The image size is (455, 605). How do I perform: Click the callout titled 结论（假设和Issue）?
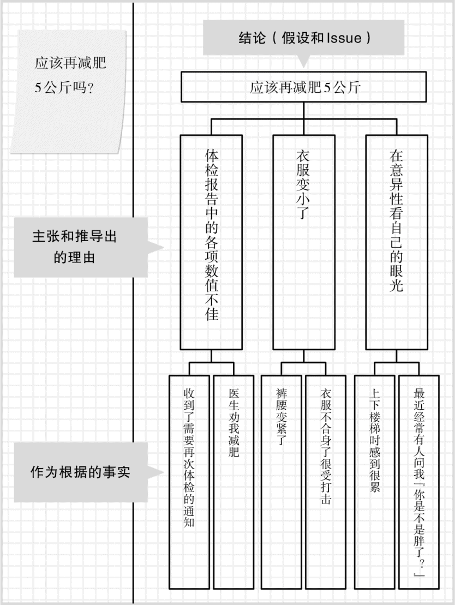coord(303,38)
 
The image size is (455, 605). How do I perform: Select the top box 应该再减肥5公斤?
coord(304,87)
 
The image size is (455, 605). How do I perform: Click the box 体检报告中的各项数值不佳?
coord(211,242)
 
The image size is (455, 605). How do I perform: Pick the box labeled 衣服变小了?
coord(304,242)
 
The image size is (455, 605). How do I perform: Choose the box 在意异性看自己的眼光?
coord(397,242)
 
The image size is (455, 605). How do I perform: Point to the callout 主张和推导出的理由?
coord(81,247)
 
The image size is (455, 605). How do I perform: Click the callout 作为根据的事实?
coord(81,472)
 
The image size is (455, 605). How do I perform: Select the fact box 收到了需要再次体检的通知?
coord(189,482)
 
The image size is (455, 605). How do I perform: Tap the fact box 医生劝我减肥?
coord(234,482)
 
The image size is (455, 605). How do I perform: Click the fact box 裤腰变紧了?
coord(282,482)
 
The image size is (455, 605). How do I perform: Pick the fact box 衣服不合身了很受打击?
coord(326,482)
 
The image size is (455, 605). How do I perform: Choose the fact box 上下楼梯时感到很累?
coord(374,482)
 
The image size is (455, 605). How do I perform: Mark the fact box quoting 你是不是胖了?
coord(419,482)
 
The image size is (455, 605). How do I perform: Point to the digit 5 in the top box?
coord(327,88)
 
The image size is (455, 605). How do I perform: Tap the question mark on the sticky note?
coord(91,88)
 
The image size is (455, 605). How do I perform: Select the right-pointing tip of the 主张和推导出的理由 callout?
coord(164,247)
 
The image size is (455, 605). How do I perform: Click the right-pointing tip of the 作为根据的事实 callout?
coord(164,472)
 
